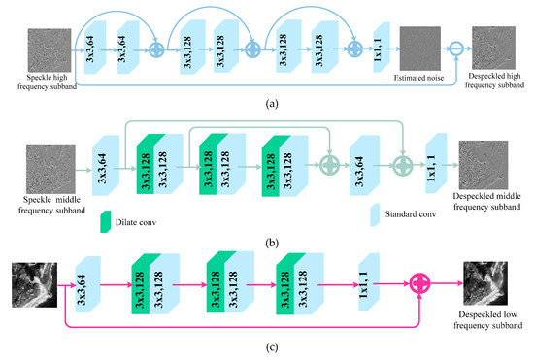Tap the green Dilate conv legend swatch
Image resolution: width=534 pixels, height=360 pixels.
pyautogui.click(x=107, y=220)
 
